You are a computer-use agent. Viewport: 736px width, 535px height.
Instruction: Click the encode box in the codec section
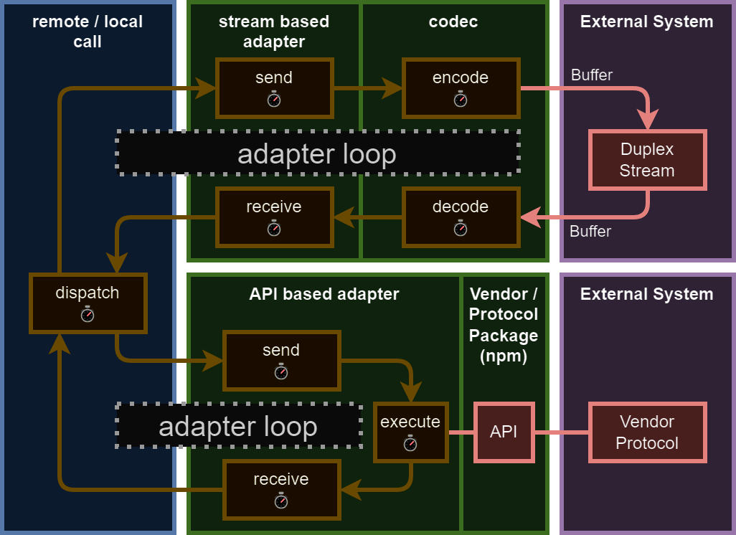(x=461, y=88)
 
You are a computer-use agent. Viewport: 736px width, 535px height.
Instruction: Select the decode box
(x=461, y=217)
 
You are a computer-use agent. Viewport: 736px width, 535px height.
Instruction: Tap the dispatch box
(x=88, y=303)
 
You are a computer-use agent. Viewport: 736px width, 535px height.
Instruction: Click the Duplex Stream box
(x=647, y=160)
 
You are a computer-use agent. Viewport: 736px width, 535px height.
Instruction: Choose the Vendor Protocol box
(x=647, y=432)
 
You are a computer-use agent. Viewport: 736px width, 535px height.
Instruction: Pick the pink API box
(x=504, y=432)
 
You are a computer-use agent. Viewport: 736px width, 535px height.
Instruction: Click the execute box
(x=410, y=432)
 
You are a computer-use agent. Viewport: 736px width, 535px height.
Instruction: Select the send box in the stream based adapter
(x=274, y=88)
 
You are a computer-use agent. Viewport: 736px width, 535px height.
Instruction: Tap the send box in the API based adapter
(x=281, y=361)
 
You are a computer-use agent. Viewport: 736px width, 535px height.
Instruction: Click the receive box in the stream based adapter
(x=274, y=217)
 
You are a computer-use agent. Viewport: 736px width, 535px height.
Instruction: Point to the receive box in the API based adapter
(x=281, y=490)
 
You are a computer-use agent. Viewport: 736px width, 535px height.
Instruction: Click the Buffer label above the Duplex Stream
(x=591, y=75)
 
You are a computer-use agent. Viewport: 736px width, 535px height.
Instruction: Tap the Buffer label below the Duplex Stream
(x=590, y=231)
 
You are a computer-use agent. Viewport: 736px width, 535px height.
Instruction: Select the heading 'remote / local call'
(x=88, y=32)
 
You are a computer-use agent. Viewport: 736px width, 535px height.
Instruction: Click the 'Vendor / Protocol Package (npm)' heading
(x=504, y=325)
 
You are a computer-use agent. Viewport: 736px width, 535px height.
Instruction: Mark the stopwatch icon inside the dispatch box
(x=88, y=314)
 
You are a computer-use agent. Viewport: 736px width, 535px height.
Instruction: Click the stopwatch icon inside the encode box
(x=461, y=99)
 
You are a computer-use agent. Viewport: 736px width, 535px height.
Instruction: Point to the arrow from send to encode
(x=367, y=88)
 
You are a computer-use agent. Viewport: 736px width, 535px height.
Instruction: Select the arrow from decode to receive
(x=367, y=215)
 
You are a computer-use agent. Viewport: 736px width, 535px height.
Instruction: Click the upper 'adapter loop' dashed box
(x=317, y=153)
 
